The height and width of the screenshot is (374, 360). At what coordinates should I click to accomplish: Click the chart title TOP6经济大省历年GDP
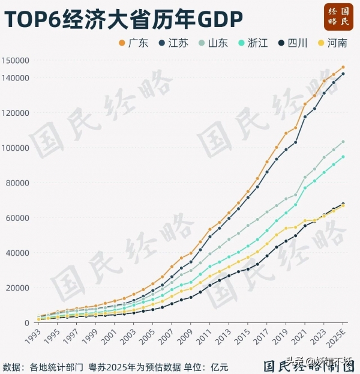[x=124, y=19]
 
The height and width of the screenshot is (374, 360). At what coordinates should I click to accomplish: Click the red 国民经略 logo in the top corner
[x=338, y=16]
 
